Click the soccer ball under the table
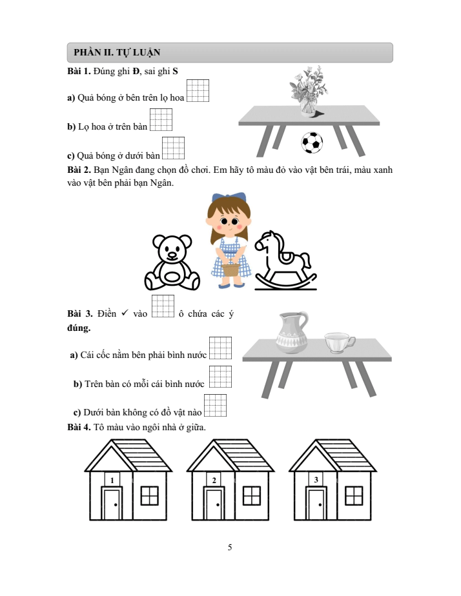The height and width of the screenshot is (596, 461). [x=312, y=143]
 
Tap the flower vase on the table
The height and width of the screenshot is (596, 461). [x=309, y=91]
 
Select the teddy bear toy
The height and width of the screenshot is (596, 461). [x=172, y=263]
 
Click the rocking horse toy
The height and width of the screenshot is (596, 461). [x=285, y=261]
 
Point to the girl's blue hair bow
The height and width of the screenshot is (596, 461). [x=229, y=197]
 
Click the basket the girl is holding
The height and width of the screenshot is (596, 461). [x=231, y=269]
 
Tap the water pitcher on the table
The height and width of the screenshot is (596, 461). [x=292, y=333]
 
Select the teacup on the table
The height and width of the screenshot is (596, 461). [x=340, y=343]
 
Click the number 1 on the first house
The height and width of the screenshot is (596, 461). [x=112, y=481]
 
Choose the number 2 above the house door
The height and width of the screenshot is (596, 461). [x=214, y=481]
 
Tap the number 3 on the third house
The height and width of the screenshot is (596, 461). [x=316, y=480]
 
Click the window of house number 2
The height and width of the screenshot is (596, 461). [x=251, y=495]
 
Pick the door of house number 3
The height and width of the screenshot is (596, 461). [x=316, y=504]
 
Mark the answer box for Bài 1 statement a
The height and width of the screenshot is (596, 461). [x=198, y=90]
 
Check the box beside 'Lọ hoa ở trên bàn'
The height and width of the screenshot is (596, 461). [x=161, y=119]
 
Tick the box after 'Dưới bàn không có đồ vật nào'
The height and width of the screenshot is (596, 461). [x=215, y=405]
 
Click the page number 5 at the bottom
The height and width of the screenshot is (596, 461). [x=230, y=548]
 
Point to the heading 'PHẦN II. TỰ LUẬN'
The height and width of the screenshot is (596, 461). [x=117, y=52]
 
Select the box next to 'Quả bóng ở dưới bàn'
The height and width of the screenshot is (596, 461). [x=173, y=148]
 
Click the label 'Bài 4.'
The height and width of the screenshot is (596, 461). [x=79, y=427]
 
